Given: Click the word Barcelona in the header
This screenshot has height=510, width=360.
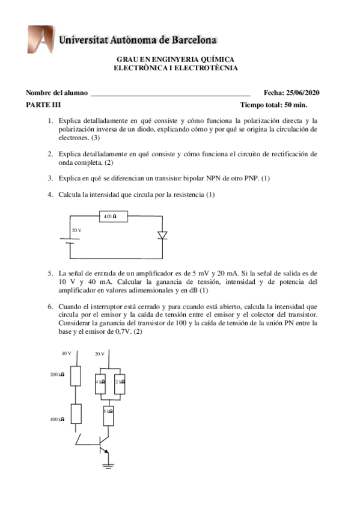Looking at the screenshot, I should pyautogui.click(x=192, y=41).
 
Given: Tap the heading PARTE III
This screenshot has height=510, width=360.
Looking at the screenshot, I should pyautogui.click(x=43, y=105).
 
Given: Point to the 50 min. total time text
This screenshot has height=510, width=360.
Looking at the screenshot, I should pyautogui.click(x=308, y=105).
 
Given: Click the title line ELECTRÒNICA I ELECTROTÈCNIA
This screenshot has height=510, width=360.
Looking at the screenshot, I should pyautogui.click(x=175, y=68).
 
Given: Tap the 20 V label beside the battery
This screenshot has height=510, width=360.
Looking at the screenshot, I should pyautogui.click(x=76, y=230).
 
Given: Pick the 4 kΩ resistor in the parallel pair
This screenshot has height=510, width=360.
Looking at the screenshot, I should pyautogui.click(x=101, y=381).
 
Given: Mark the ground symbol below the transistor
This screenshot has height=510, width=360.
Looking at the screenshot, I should pyautogui.click(x=108, y=464).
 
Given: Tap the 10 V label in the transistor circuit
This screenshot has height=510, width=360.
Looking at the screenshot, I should pyautogui.click(x=67, y=354).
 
